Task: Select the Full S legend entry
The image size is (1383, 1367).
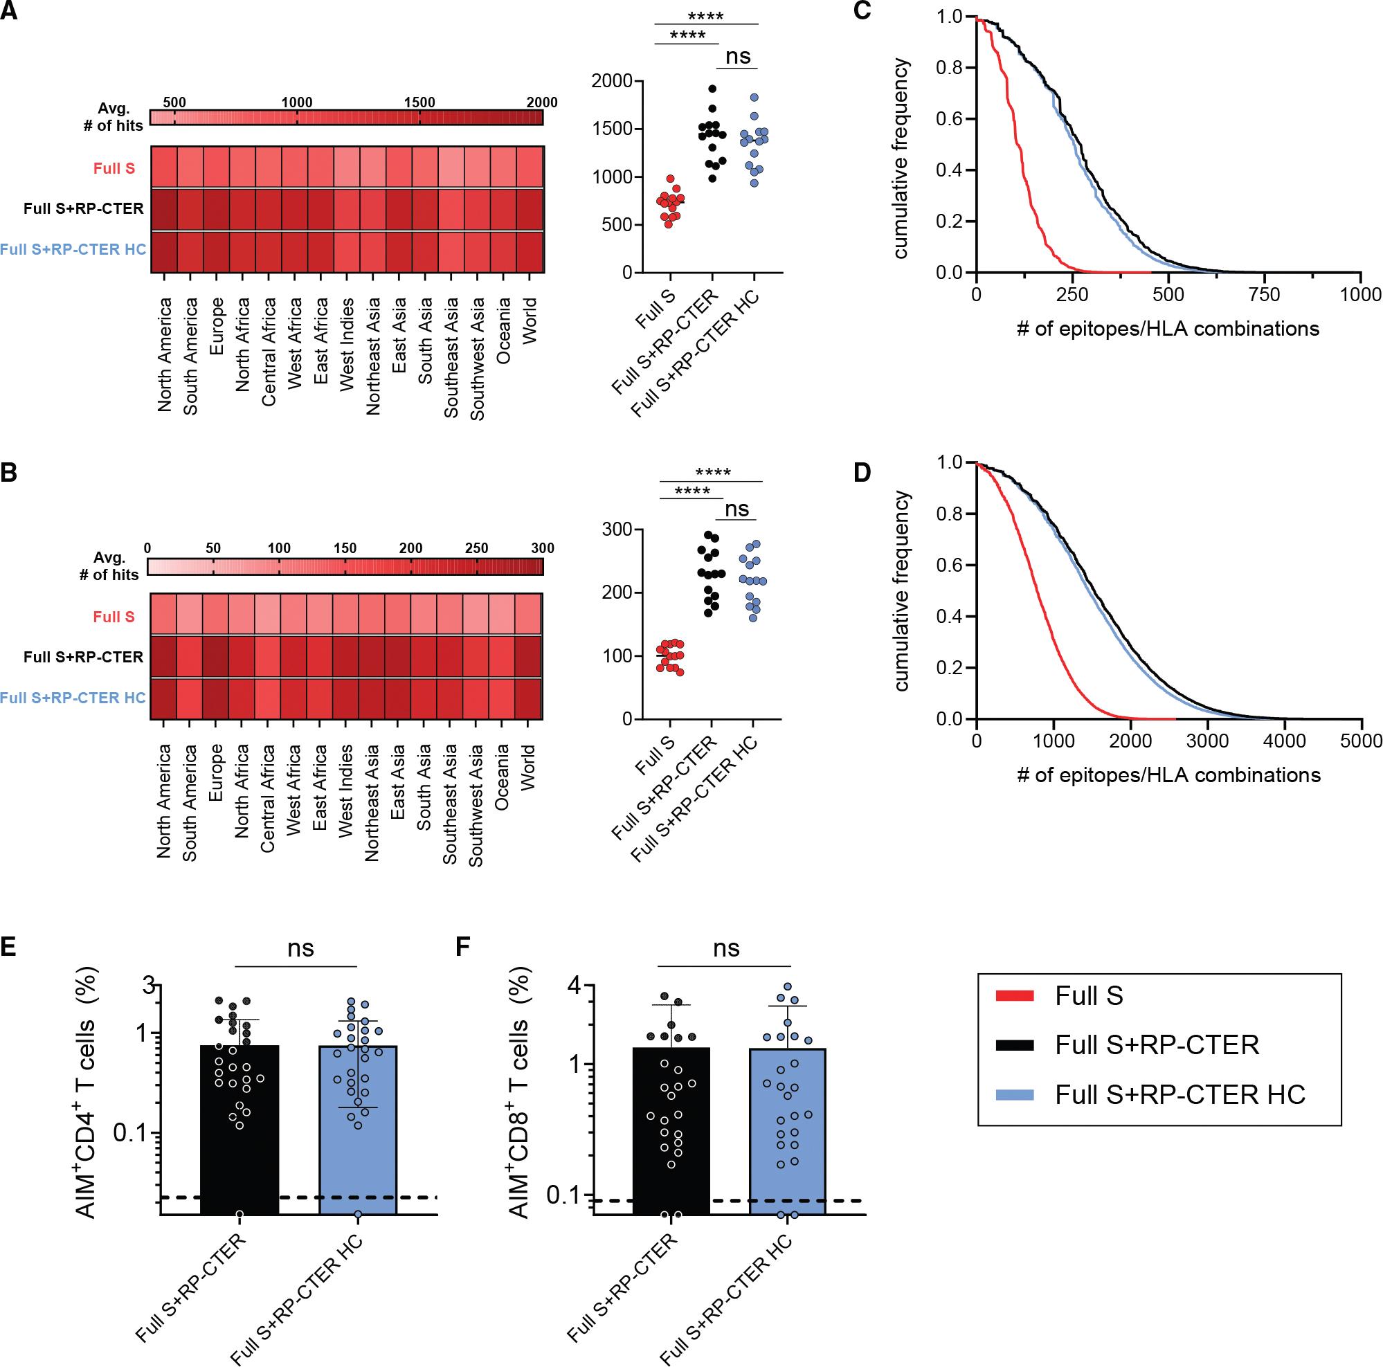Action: (1088, 996)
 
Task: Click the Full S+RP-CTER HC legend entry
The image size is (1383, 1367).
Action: (1179, 1094)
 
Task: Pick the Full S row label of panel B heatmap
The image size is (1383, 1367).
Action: (114, 616)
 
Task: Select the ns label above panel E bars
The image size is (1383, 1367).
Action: (300, 948)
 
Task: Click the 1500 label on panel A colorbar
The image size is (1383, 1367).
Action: (419, 102)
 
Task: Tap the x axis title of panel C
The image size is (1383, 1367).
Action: (1168, 329)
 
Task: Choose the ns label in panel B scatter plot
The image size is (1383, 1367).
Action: (736, 509)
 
